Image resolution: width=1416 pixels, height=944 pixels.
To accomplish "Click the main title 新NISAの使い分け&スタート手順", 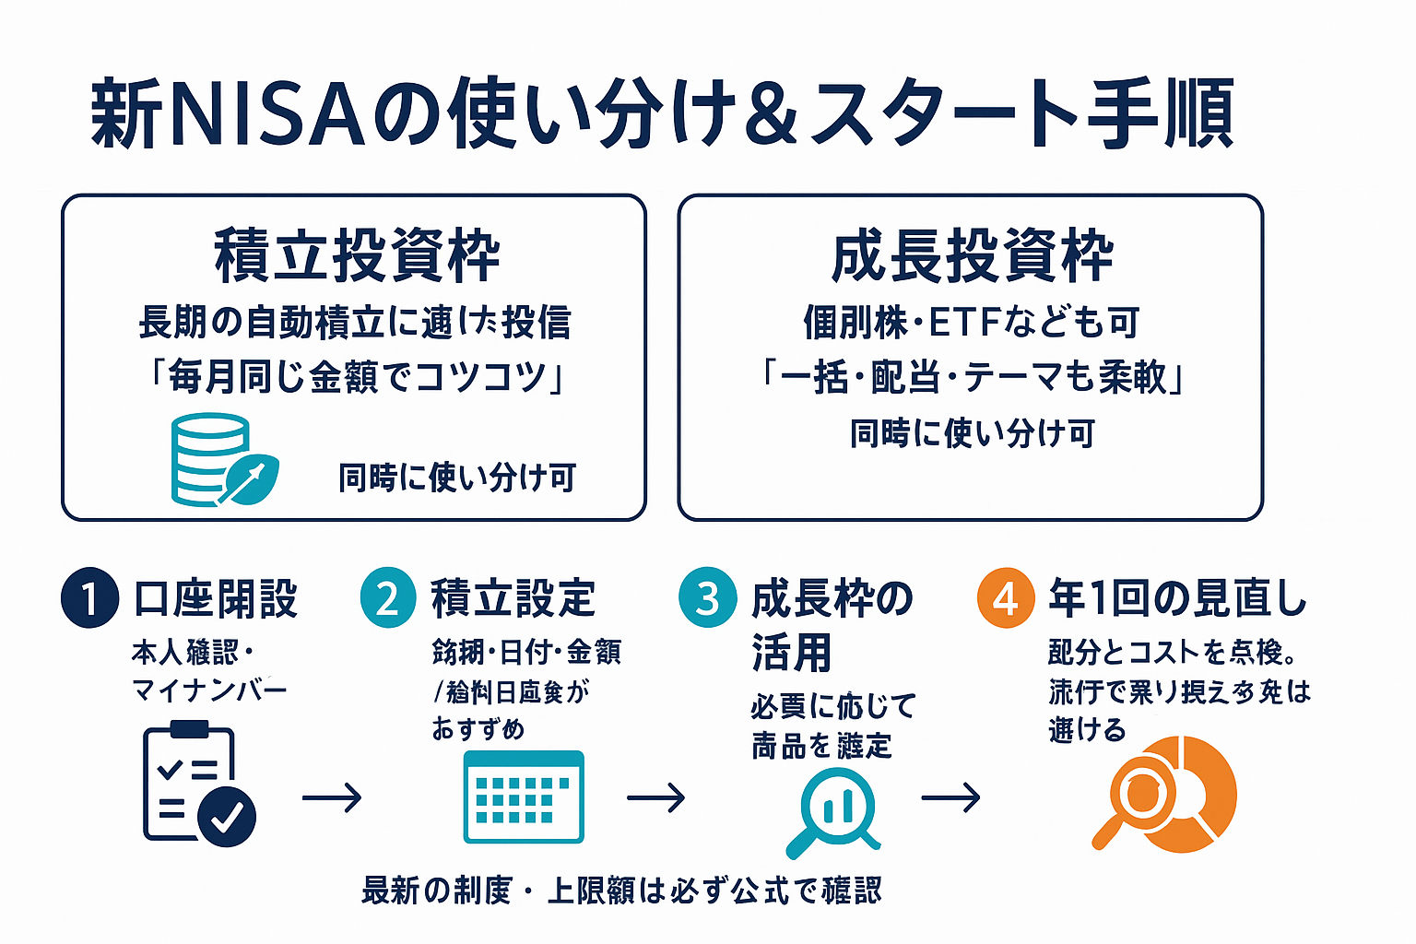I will (662, 114).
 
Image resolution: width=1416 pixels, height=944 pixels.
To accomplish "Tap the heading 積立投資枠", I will (358, 255).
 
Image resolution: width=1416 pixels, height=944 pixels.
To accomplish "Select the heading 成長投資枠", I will (972, 255).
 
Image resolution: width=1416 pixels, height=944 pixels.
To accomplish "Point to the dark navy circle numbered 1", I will (89, 597).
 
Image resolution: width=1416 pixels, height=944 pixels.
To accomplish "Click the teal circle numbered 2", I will (388, 597).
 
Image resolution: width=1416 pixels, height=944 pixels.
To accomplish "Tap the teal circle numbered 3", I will (707, 597).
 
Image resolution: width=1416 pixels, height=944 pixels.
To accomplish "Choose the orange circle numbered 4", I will (1006, 597).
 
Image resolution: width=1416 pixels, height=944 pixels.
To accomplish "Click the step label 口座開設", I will (216, 598).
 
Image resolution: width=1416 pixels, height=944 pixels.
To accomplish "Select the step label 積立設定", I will (513, 598).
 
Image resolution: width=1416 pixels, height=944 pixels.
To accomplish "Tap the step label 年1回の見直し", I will (1177, 598).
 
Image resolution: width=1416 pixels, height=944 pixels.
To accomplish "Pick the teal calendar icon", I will (524, 796).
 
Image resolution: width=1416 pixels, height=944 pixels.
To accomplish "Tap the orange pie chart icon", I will (1166, 795).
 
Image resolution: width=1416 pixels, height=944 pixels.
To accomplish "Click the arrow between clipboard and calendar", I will (332, 796).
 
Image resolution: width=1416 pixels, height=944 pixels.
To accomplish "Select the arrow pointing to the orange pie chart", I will (950, 796).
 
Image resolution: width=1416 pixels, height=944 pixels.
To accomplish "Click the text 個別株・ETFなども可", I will (972, 323).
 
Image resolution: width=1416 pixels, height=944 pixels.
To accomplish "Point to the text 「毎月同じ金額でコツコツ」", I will (358, 377).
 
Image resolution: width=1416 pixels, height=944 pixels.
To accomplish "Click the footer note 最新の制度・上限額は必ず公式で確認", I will (621, 891).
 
